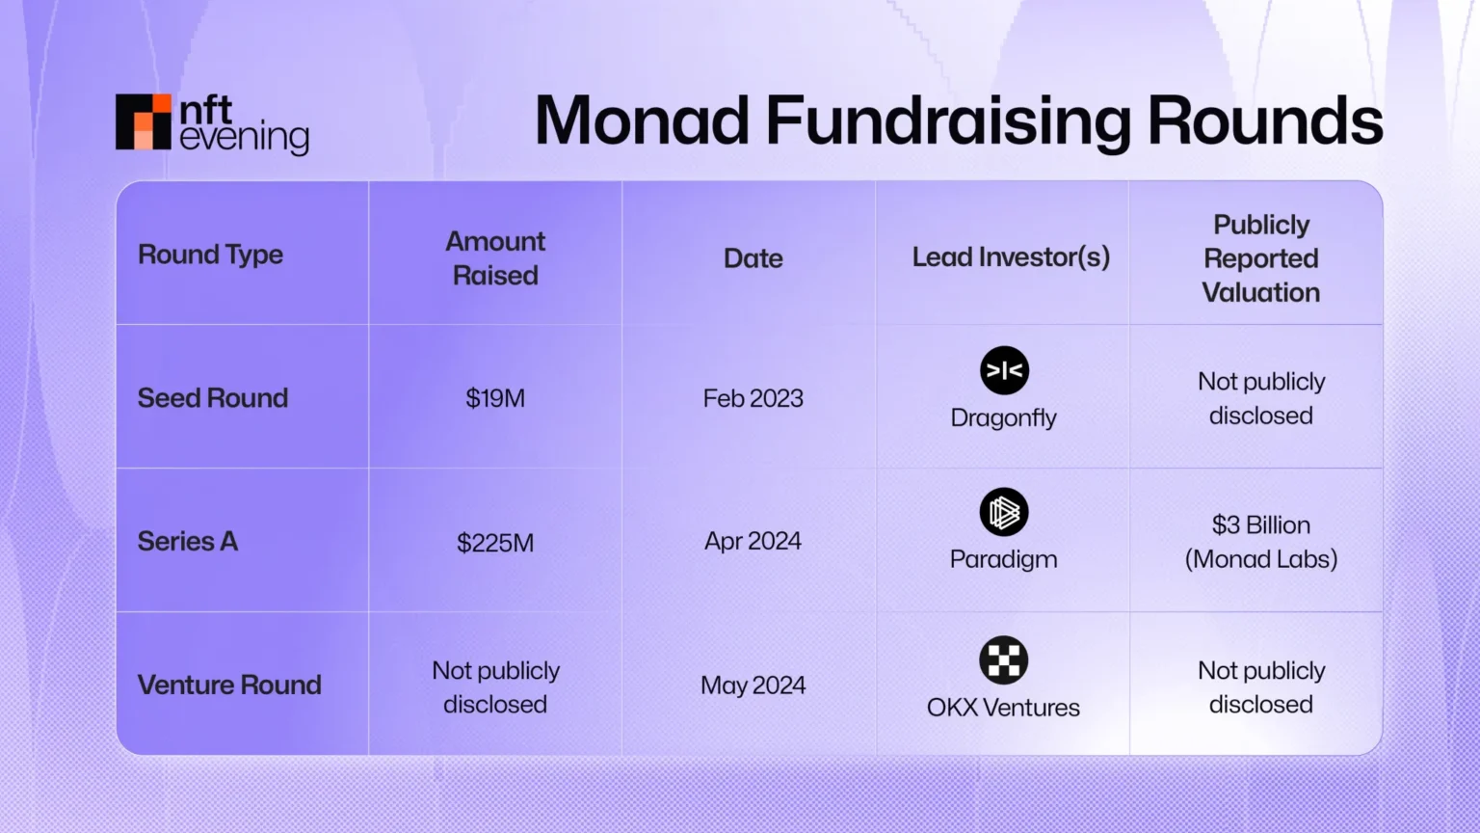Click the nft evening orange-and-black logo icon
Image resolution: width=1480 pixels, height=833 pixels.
pos(143,122)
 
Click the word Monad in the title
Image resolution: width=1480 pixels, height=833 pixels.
pos(642,121)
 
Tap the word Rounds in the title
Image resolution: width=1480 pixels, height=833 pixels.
pos(1264,121)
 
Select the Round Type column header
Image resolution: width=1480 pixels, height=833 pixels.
pos(210,255)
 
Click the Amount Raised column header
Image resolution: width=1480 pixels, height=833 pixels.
pos(495,257)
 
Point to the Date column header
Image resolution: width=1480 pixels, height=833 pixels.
pos(753,258)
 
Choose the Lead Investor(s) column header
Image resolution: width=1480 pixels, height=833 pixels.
pos(1011,257)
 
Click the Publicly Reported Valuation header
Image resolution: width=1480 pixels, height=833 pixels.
pos(1260,258)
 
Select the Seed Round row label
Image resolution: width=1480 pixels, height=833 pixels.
pos(213,398)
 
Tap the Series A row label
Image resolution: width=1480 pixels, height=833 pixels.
pos(188,541)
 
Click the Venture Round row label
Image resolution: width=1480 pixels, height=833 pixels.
pos(229,685)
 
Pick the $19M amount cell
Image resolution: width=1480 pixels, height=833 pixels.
pos(495,398)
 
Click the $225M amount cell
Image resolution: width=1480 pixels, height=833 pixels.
pos(495,543)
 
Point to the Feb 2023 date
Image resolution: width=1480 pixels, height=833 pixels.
pos(753,398)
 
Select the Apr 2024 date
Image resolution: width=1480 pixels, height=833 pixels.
pos(753,541)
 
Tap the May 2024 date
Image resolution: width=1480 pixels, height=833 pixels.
pos(753,685)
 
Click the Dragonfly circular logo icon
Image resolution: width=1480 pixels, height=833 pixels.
pos(1004,370)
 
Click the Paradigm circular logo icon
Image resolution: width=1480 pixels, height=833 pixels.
pos(1004,512)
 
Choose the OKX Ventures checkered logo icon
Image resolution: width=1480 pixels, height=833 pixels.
pos(1004,660)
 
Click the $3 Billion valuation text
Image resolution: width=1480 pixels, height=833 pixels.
pos(1260,525)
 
